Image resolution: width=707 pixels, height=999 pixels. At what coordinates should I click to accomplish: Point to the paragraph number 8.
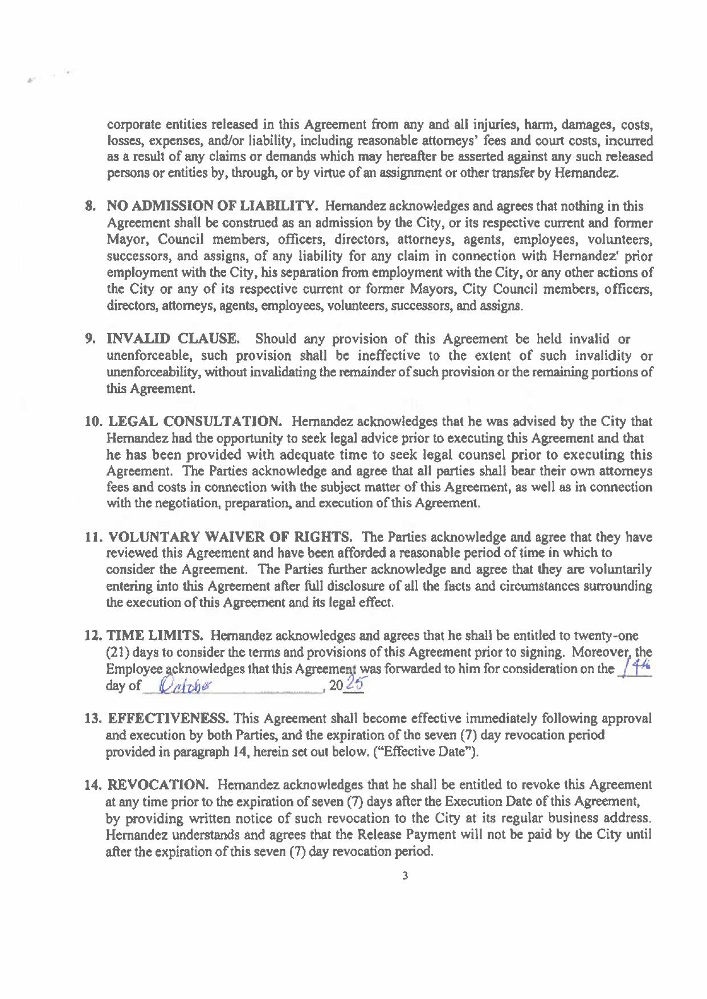[89, 206]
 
